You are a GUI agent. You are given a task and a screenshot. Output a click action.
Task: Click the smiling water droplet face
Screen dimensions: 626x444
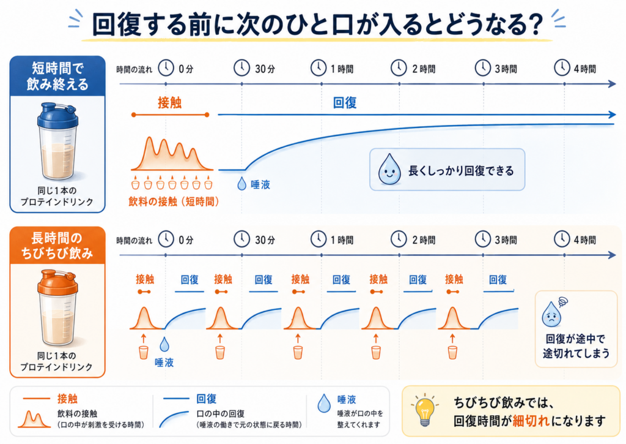pyautogui.click(x=389, y=170)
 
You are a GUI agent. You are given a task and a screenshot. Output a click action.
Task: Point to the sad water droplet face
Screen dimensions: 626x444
pyautogui.click(x=551, y=314)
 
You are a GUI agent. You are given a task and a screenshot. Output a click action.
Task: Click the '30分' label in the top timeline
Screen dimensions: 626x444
pyautogui.click(x=265, y=69)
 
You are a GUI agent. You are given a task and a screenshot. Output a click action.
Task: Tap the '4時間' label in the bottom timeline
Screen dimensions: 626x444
pyautogui.click(x=584, y=240)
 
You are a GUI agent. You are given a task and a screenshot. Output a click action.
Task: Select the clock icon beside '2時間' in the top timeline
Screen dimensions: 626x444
pyautogui.click(x=399, y=67)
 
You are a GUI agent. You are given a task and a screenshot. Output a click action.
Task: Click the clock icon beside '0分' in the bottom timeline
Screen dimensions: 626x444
pyautogui.click(x=166, y=239)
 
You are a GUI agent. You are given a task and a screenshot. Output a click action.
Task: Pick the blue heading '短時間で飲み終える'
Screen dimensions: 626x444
pyautogui.click(x=57, y=76)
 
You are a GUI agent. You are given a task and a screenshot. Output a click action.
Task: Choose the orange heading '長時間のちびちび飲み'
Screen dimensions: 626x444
pyautogui.click(x=57, y=246)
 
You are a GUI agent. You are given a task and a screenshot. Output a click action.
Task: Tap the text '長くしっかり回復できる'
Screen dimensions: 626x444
pyautogui.click(x=461, y=171)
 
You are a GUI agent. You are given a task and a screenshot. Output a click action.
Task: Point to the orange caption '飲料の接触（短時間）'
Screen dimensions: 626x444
pyautogui.click(x=174, y=201)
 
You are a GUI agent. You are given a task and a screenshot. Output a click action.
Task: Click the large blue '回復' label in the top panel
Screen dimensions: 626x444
pyautogui.click(x=345, y=103)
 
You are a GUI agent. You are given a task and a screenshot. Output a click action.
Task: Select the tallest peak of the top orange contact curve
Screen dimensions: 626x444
pyautogui.click(x=149, y=138)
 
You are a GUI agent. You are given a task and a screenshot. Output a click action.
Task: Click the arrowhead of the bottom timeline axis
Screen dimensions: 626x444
pyautogui.click(x=611, y=255)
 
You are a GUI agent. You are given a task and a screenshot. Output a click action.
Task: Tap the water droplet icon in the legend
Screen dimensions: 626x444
pyautogui.click(x=324, y=403)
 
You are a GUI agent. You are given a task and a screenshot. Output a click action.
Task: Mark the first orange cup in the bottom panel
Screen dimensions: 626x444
pyautogui.click(x=143, y=352)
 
